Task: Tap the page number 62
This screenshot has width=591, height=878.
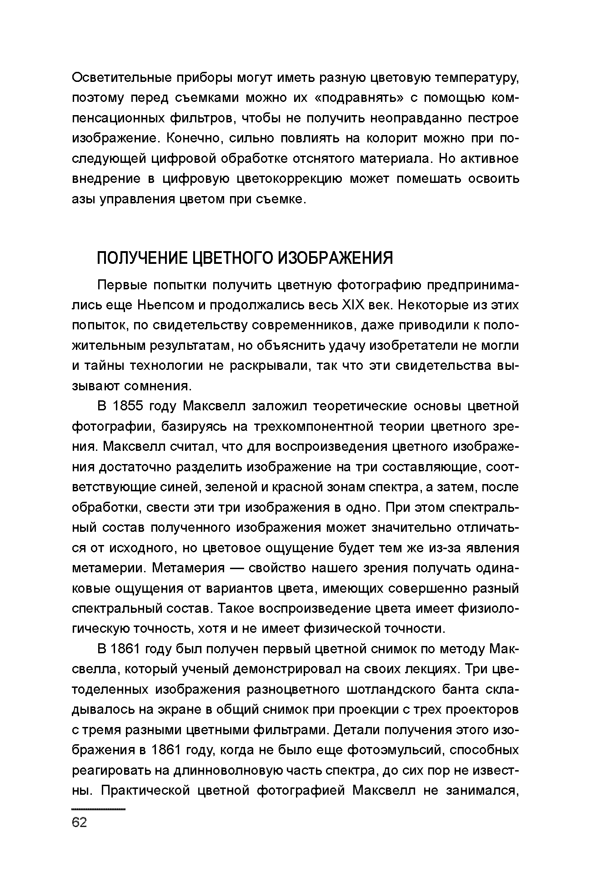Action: (79, 822)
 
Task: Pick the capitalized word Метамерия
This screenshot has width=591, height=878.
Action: (189, 568)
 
